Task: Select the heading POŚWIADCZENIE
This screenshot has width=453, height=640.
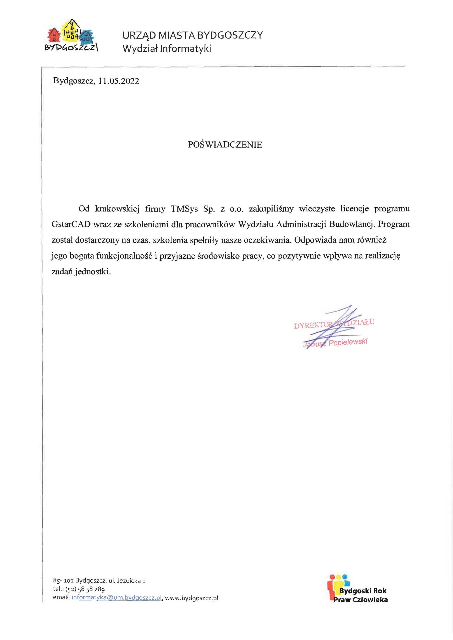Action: (225, 145)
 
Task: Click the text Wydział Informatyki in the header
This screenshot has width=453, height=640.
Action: (167, 49)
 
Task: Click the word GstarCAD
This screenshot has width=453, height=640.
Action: (71, 224)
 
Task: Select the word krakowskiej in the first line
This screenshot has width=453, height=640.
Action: (117, 209)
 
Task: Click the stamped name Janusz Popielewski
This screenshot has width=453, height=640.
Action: (335, 343)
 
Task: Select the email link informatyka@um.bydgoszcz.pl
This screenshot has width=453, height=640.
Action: (117, 598)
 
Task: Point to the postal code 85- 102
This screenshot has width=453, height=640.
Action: (63, 581)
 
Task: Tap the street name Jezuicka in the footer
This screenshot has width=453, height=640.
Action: (129, 581)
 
